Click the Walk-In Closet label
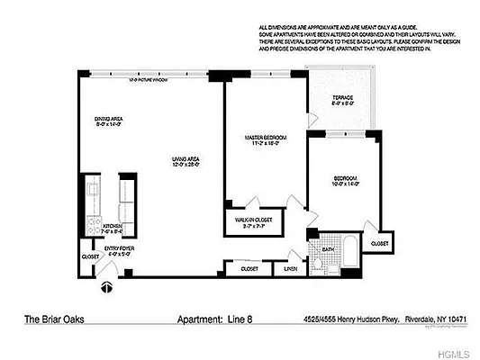pyautogui.click(x=254, y=220)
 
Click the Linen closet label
pyautogui.click(x=290, y=268)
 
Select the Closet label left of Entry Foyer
pyautogui.click(x=90, y=256)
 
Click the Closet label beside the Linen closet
pyautogui.click(x=248, y=268)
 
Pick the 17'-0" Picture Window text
pyautogui.click(x=149, y=81)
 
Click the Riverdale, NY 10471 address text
pyautogui.click(x=425, y=318)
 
